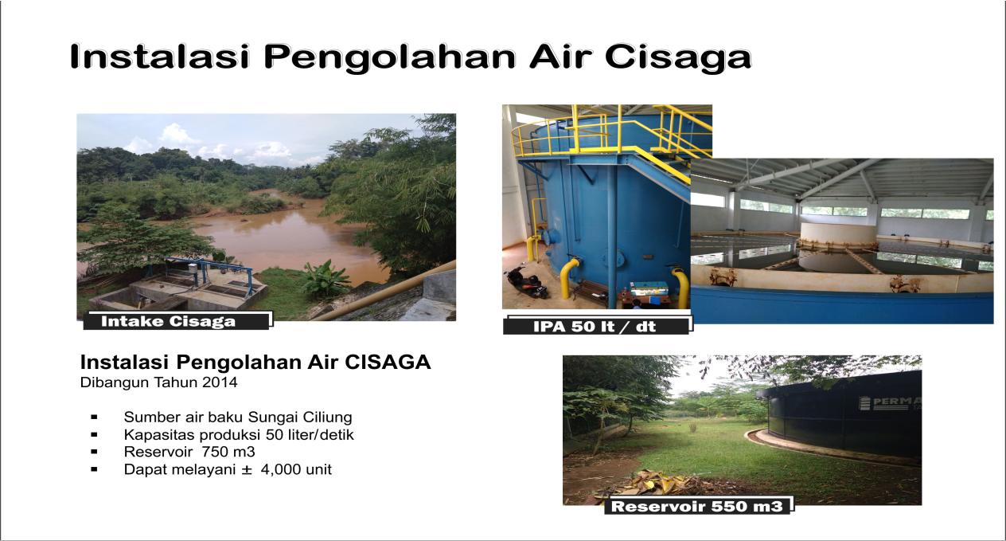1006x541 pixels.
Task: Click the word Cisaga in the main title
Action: click(678, 57)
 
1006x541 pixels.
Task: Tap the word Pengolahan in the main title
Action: click(389, 58)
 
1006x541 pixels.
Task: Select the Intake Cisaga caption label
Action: click(177, 321)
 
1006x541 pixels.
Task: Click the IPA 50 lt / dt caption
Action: click(598, 326)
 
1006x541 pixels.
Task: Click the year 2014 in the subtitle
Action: click(220, 382)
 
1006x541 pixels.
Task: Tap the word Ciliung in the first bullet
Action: click(327, 418)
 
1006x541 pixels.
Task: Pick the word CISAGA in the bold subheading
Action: click(388, 363)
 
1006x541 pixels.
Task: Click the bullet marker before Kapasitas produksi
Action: click(94, 434)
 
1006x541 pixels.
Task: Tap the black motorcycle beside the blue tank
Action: click(525, 281)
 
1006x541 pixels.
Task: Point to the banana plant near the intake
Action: click(324, 279)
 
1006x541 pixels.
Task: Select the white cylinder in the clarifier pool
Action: click(838, 234)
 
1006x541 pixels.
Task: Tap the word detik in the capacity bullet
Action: click(337, 435)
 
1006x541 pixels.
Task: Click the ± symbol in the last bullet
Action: click(247, 470)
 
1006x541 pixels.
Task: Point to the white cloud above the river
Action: click(179, 134)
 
